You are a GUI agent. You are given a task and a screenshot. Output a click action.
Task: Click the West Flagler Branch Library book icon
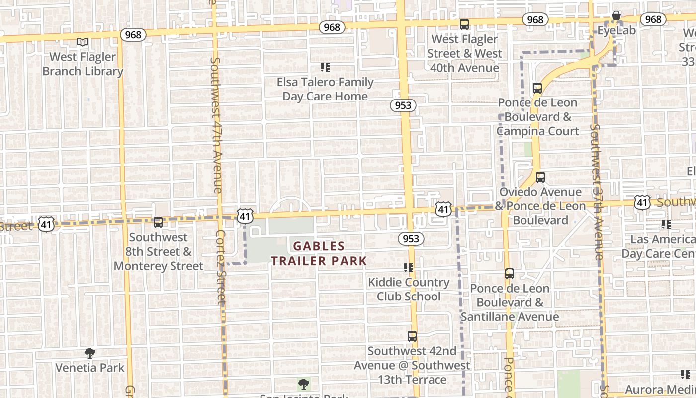click(83, 42)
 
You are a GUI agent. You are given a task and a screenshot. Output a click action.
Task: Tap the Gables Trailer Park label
click(319, 253)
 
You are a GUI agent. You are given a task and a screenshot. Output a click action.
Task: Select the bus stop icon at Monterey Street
click(158, 222)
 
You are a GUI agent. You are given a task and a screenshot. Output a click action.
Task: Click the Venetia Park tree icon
click(90, 354)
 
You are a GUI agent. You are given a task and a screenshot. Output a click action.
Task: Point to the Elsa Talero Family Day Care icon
click(325, 67)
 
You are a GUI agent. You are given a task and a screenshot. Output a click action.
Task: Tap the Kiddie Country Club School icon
click(409, 268)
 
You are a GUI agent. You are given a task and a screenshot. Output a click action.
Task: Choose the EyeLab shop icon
click(616, 16)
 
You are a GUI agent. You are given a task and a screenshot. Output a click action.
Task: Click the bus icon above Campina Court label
click(537, 88)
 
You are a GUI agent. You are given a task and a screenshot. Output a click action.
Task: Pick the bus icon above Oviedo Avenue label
click(540, 177)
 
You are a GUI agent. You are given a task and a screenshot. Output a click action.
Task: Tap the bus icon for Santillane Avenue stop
click(510, 274)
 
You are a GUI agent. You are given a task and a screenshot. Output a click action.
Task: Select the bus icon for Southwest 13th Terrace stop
click(412, 336)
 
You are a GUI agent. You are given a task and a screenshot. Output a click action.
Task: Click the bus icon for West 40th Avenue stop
click(464, 24)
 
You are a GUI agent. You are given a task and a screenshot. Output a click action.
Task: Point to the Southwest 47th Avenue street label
click(216, 124)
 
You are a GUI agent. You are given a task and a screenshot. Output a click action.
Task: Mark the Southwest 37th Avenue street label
click(597, 192)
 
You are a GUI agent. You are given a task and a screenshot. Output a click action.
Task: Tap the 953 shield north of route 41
click(403, 105)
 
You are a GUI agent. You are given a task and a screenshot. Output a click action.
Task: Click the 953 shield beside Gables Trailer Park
click(411, 239)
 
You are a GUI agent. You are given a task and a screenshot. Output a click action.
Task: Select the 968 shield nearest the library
click(133, 35)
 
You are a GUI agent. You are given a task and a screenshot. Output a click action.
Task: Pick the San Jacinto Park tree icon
click(304, 384)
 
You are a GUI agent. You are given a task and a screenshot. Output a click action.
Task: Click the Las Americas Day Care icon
click(666, 224)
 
